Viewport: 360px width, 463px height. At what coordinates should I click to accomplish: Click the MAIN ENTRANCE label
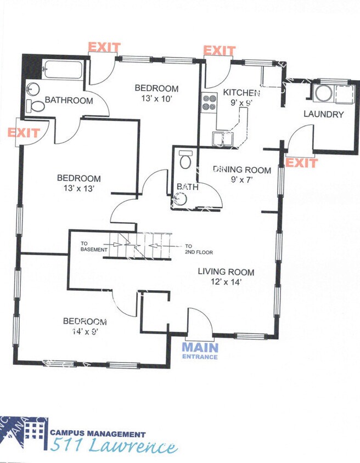click(x=200, y=349)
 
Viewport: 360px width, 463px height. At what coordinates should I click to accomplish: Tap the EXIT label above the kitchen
click(x=219, y=50)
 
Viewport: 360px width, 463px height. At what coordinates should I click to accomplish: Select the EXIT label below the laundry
click(x=301, y=163)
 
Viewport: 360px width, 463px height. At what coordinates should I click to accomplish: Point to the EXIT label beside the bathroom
click(x=24, y=133)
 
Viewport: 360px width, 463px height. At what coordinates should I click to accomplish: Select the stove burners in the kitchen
click(x=210, y=101)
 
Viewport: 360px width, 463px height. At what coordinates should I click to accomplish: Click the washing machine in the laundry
click(x=323, y=93)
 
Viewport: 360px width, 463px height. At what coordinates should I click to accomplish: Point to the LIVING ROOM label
click(x=226, y=272)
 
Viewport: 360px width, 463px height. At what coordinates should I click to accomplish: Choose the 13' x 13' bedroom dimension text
click(x=78, y=188)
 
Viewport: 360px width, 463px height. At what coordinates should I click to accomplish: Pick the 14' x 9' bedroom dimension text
click(x=85, y=331)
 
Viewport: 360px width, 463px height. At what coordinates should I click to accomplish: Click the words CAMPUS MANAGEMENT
click(x=98, y=433)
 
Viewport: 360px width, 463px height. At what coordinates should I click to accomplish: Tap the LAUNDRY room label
click(x=323, y=115)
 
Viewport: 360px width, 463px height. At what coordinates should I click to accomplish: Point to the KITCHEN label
click(x=241, y=93)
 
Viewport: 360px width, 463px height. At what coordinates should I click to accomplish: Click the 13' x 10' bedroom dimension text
click(x=156, y=98)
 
